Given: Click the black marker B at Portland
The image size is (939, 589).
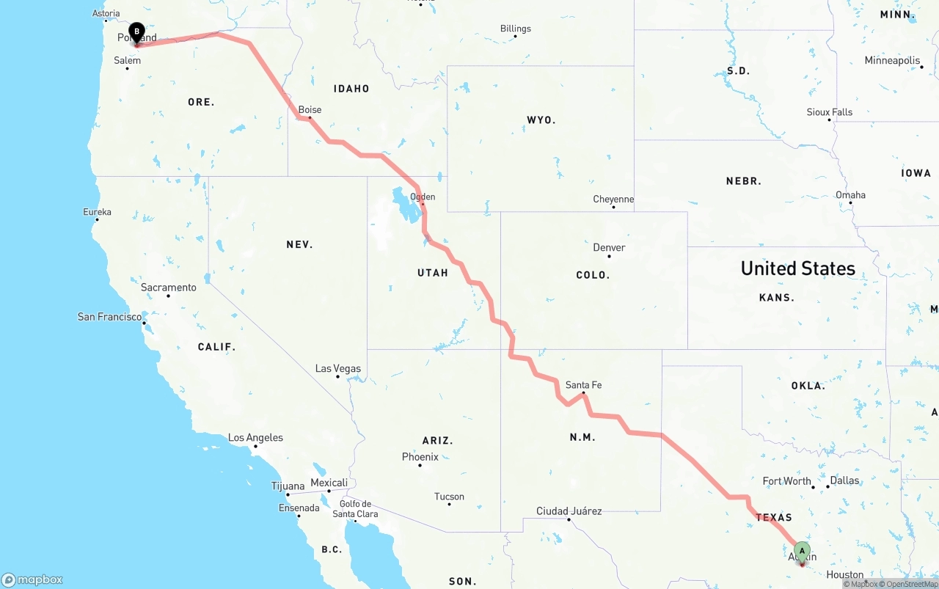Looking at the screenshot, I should pos(136,32).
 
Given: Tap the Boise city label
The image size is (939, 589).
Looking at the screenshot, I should pos(310,110).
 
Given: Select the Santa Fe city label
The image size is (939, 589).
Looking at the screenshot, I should pos(583,384).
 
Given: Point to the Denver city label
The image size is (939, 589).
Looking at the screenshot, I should pos(609,247).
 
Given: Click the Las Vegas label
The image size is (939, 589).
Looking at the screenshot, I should pos(337,368).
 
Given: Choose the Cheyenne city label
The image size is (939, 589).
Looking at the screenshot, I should pos(613,199).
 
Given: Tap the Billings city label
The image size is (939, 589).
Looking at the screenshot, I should pos(515,29).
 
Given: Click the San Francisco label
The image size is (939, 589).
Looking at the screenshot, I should pos(110,317).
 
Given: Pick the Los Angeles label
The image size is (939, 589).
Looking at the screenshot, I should pos(255,438).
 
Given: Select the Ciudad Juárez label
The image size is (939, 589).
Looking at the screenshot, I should pos(569,511).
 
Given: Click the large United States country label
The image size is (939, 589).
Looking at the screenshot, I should pos(797,268).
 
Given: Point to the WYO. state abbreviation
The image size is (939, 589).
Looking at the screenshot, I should pos(541,120).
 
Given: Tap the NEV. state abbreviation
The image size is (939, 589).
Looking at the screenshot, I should pos(299,244).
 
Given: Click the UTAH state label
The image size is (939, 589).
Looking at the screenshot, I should pos(432,273).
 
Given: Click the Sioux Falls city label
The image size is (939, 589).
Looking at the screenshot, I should pos(829,112).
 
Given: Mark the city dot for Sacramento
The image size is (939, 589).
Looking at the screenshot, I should pos(168,296).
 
